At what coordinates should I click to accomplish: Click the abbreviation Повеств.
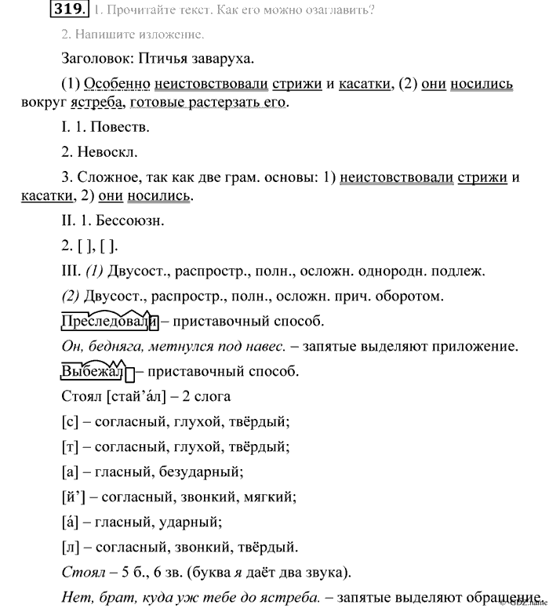119,126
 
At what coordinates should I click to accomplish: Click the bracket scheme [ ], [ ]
99,246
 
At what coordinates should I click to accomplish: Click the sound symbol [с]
68,422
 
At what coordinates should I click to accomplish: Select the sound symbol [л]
68,546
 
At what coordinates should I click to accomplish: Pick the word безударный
202,471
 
